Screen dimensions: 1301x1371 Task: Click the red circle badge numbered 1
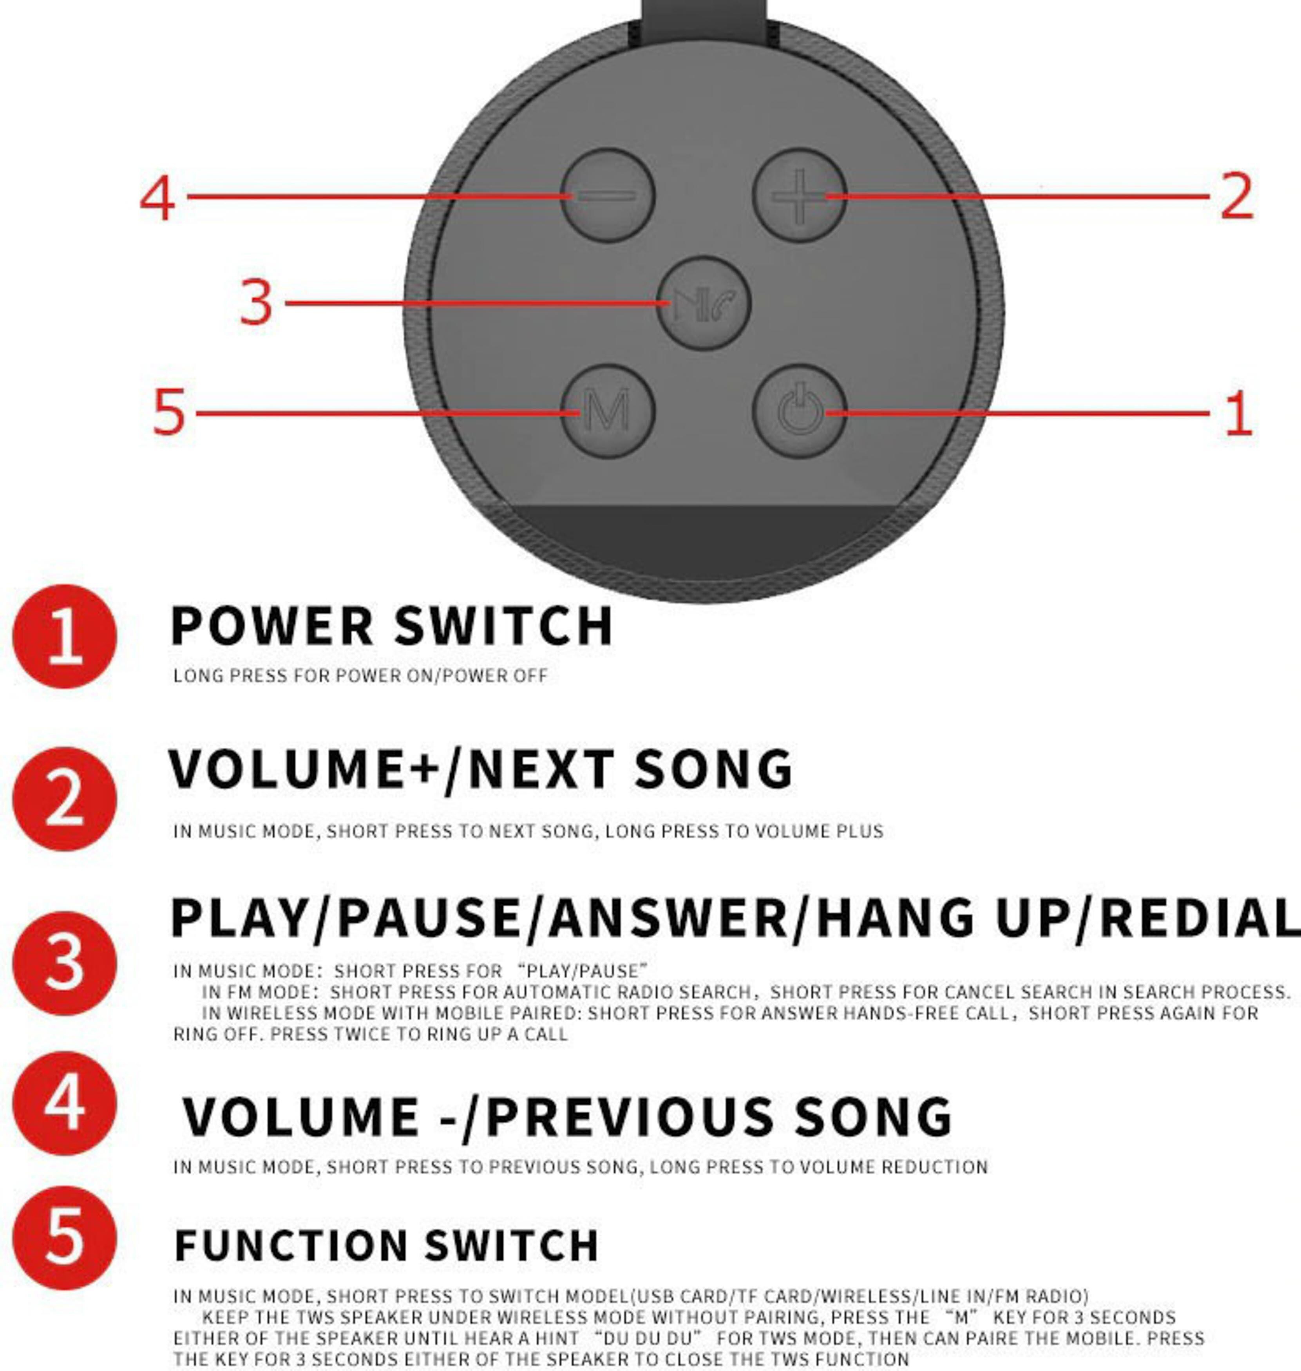pos(65,636)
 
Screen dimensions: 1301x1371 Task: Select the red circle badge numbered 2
pos(65,799)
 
